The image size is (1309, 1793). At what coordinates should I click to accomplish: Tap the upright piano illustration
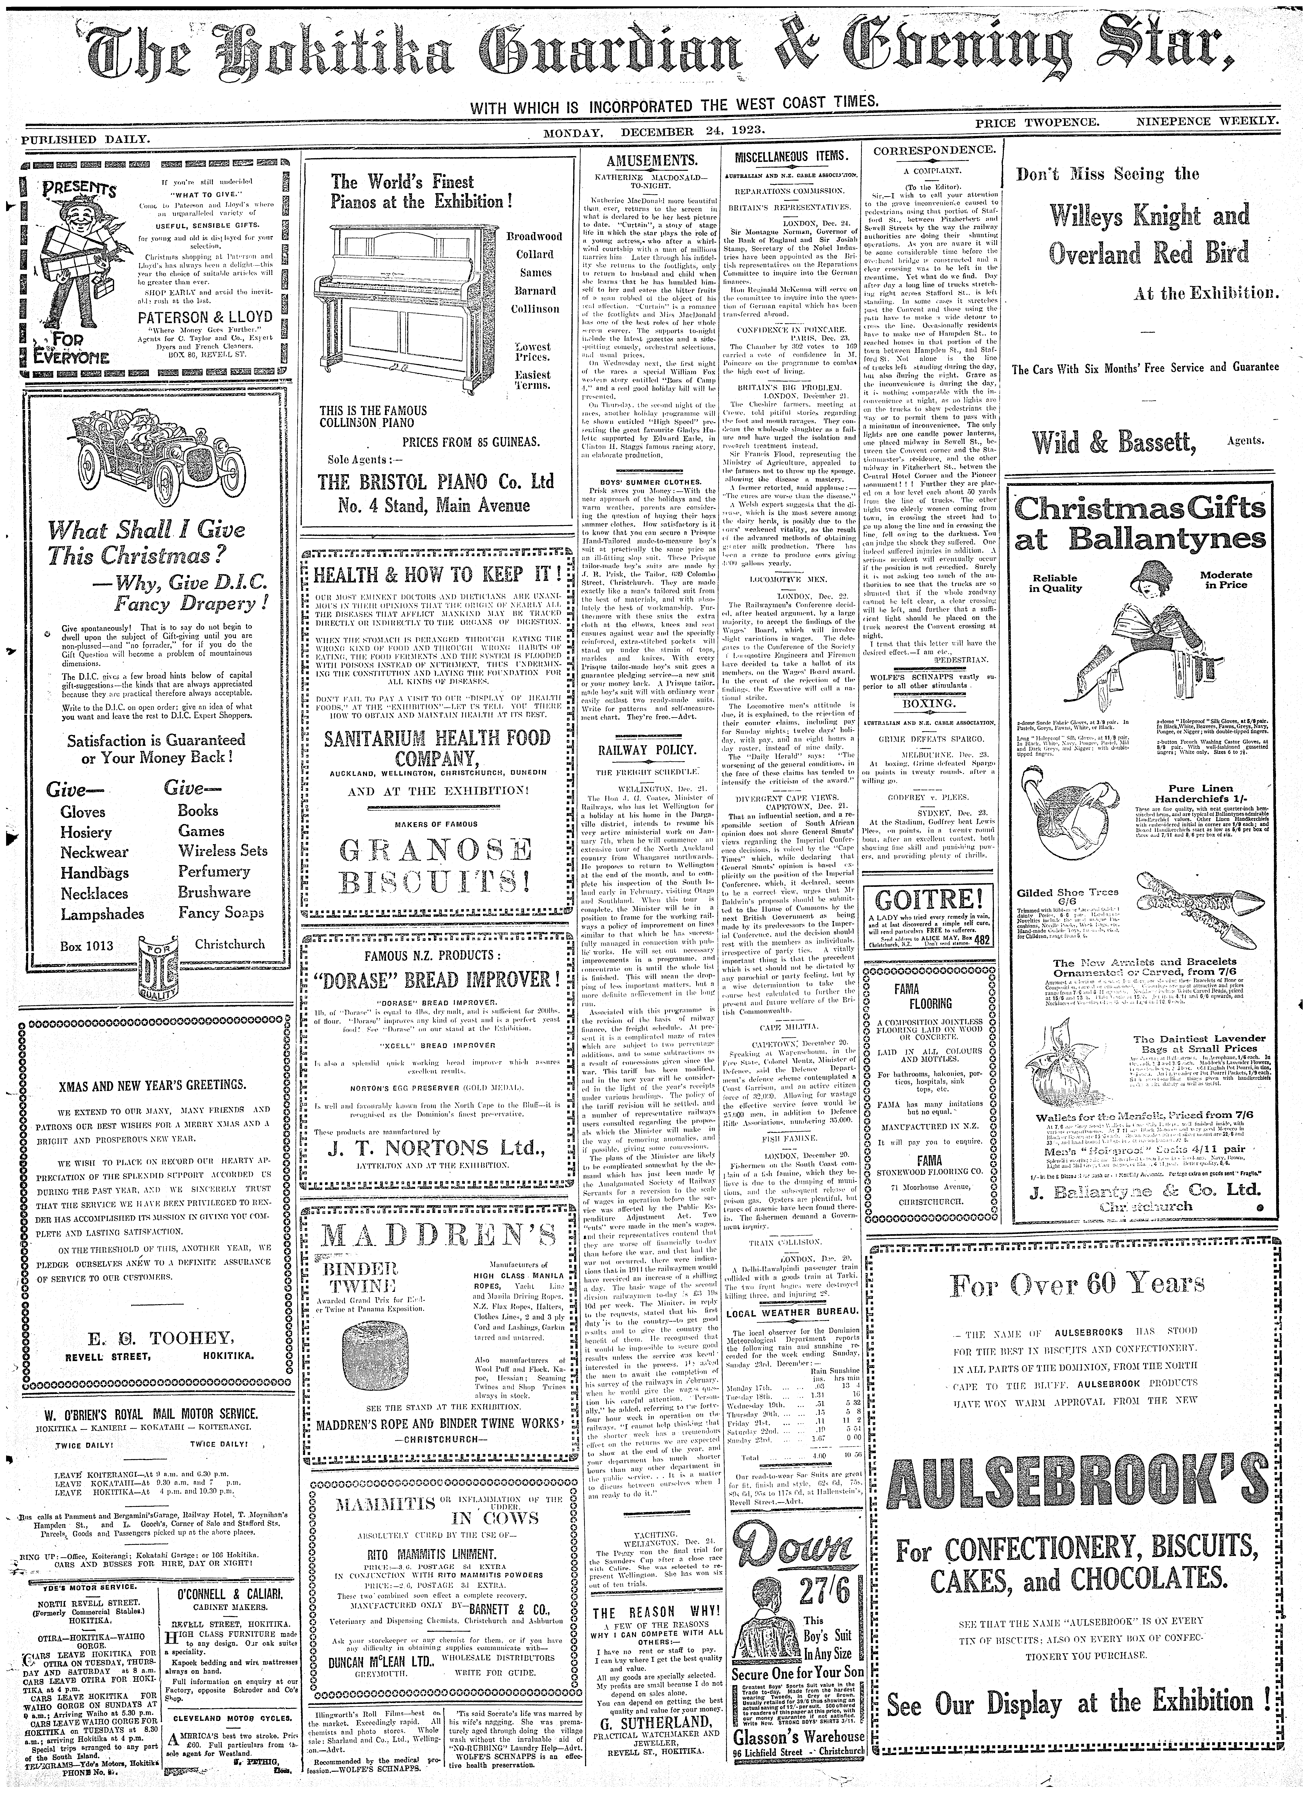pyautogui.click(x=402, y=309)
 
